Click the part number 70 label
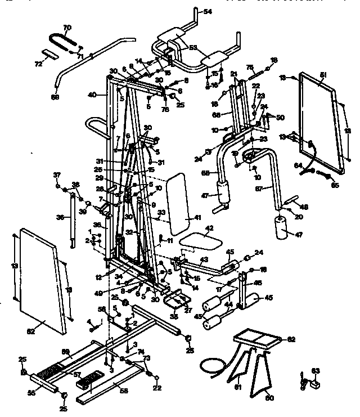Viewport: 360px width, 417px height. point(67,28)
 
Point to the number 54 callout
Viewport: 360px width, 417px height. point(208,12)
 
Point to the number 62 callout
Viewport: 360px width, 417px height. point(291,339)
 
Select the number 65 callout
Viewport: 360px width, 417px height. point(335,184)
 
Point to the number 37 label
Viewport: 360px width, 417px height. point(57,174)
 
